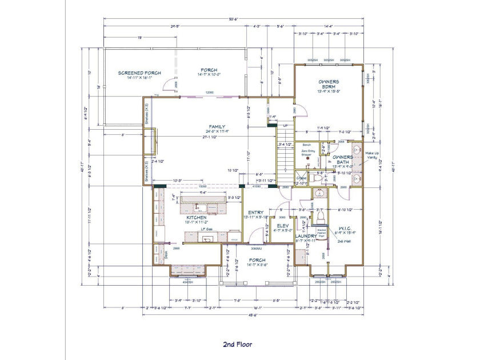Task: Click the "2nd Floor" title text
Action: tap(237, 344)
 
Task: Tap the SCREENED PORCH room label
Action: tap(139, 73)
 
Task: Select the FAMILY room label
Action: tap(217, 127)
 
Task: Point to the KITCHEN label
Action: tap(196, 218)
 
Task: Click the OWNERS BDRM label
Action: tap(329, 85)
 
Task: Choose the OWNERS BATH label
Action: tap(343, 160)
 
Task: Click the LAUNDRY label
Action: tap(306, 235)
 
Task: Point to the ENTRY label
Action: tap(255, 213)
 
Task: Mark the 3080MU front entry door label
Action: tap(255, 249)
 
